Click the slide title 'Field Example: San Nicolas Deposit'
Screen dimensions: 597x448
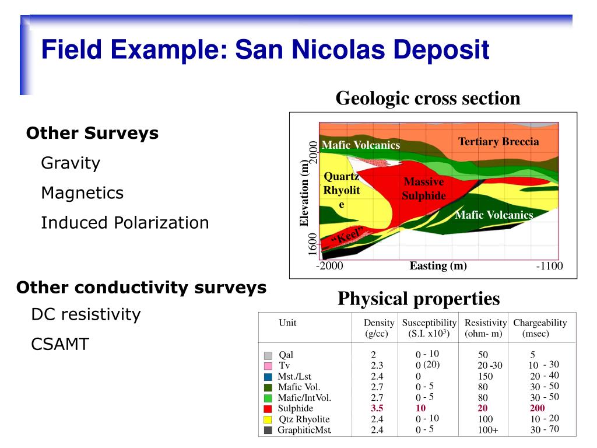265,50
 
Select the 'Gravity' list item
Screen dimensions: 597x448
71,163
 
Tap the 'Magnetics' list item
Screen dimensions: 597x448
82,192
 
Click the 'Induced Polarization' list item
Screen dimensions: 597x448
125,222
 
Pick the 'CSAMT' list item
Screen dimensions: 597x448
60,344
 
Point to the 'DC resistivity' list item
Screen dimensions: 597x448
86,314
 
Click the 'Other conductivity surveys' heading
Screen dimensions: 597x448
141,287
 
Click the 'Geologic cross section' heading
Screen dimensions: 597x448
428,98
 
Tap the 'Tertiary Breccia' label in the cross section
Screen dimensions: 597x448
498,141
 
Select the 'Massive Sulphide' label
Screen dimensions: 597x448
424,188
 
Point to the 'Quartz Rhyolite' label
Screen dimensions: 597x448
342,190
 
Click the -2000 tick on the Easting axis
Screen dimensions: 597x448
329,265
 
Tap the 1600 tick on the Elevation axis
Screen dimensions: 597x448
312,244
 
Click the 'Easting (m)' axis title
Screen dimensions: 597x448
438,265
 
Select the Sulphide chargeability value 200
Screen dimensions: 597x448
537,408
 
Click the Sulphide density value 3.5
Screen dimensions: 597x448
377,408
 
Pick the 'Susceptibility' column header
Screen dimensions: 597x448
429,323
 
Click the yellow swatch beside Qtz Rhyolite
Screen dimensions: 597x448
268,419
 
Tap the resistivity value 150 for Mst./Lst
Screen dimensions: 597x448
486,376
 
